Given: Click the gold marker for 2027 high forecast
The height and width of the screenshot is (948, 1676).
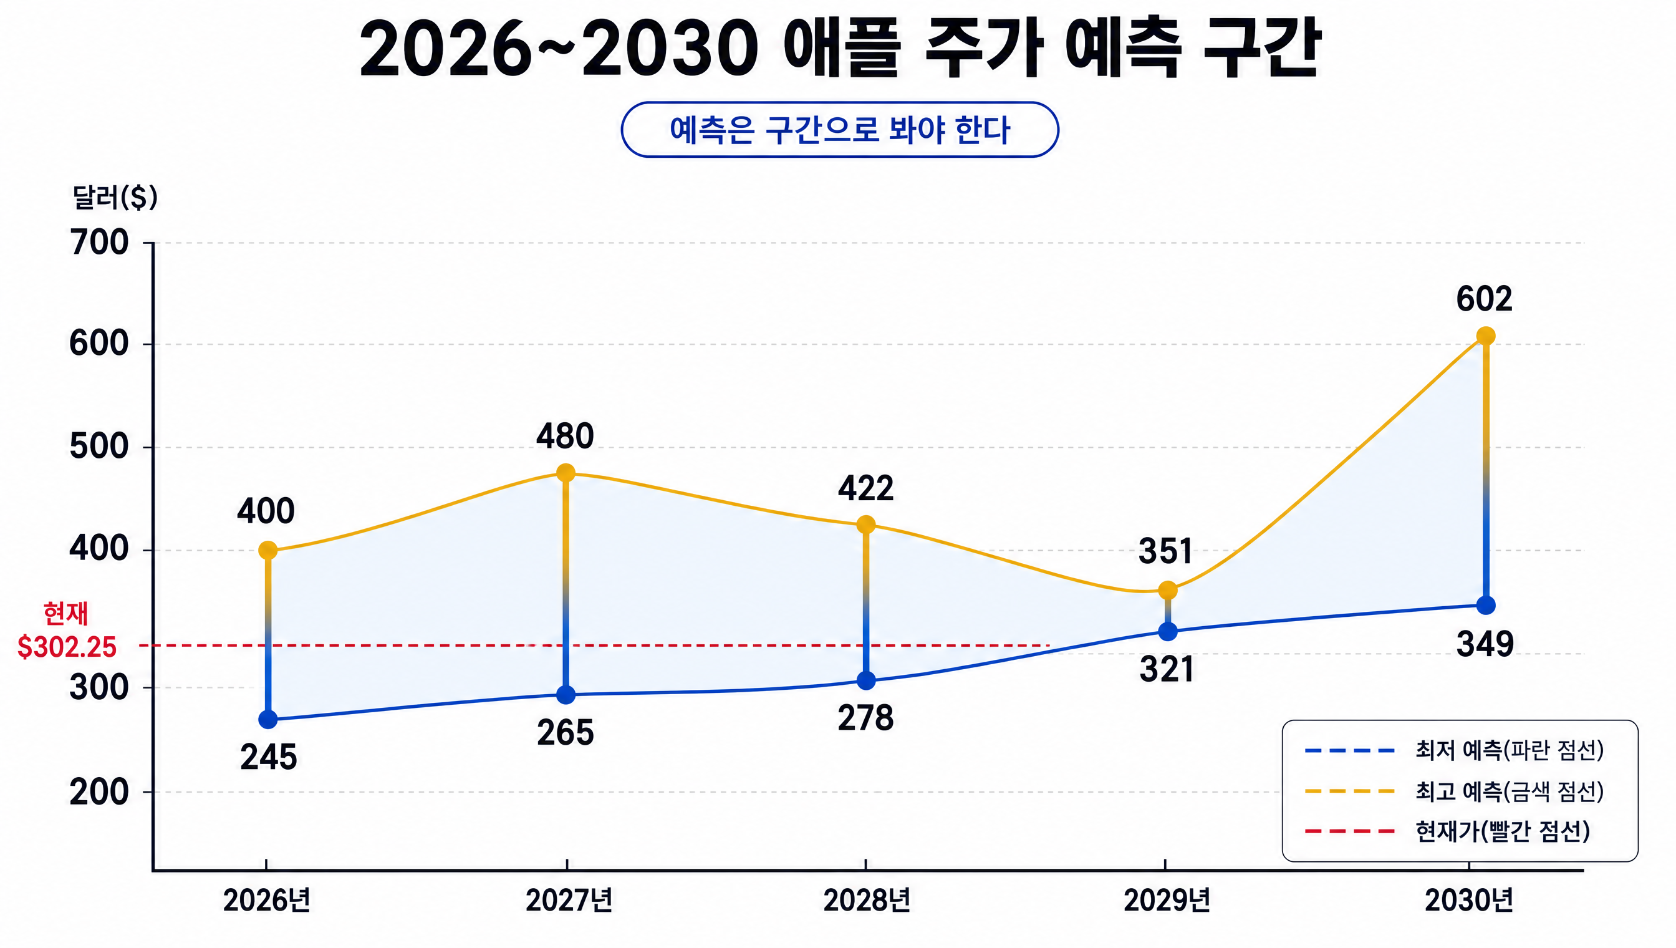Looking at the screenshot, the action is pos(566,472).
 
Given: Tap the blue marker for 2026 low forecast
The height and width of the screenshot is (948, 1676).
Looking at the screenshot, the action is pos(267,720).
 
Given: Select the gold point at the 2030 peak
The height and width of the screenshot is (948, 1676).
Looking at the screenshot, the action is pos(1485,336).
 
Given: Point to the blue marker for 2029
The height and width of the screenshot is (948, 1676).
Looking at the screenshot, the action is pos(1168,631).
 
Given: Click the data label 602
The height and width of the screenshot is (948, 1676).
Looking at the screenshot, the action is pos(1484,299).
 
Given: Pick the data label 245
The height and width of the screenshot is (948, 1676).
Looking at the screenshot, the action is pos(268,757).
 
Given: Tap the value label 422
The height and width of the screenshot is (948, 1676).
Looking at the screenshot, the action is pos(865,488).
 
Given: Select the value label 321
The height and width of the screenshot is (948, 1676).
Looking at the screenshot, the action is pos(1167,669).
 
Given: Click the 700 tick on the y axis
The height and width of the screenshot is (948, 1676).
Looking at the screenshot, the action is pos(99,243).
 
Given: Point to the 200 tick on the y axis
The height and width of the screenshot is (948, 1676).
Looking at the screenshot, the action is pos(99,792).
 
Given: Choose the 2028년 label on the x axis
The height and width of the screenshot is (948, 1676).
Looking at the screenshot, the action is pos(866,901).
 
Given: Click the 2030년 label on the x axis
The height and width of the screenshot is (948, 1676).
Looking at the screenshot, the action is pos(1468,901).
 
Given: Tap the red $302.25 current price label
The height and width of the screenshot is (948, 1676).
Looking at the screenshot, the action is pos(67,647).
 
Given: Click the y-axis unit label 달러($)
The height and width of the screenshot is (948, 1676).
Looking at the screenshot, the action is pos(115,196).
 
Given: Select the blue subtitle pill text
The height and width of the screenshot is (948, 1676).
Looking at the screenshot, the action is pos(840,130).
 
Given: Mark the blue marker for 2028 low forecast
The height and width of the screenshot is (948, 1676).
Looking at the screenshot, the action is pos(865,681).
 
